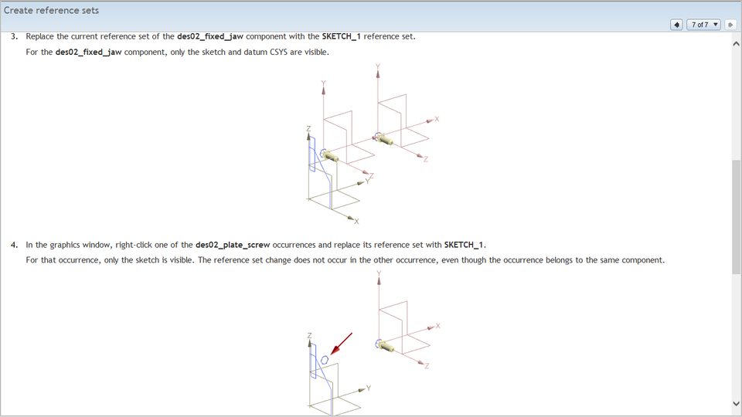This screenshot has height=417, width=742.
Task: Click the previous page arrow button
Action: click(676, 25)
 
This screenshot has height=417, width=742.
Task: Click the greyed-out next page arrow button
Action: click(730, 25)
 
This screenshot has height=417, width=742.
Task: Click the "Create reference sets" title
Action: click(51, 11)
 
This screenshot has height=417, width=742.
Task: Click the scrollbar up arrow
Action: click(736, 44)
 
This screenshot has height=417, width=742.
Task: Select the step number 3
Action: click(14, 36)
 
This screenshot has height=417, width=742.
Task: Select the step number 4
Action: click(14, 245)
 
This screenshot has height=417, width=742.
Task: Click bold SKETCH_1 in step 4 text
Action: click(464, 245)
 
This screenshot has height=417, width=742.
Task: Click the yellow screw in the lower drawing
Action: click(385, 346)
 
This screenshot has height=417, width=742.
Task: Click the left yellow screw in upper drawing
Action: click(331, 155)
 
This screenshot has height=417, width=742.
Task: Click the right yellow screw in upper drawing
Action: click(384, 139)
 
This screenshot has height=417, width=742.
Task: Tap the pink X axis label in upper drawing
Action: click(437, 119)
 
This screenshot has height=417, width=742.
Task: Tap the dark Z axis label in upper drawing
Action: click(308, 128)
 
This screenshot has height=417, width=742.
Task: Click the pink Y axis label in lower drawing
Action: click(379, 273)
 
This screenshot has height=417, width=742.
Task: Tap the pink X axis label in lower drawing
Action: click(437, 326)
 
